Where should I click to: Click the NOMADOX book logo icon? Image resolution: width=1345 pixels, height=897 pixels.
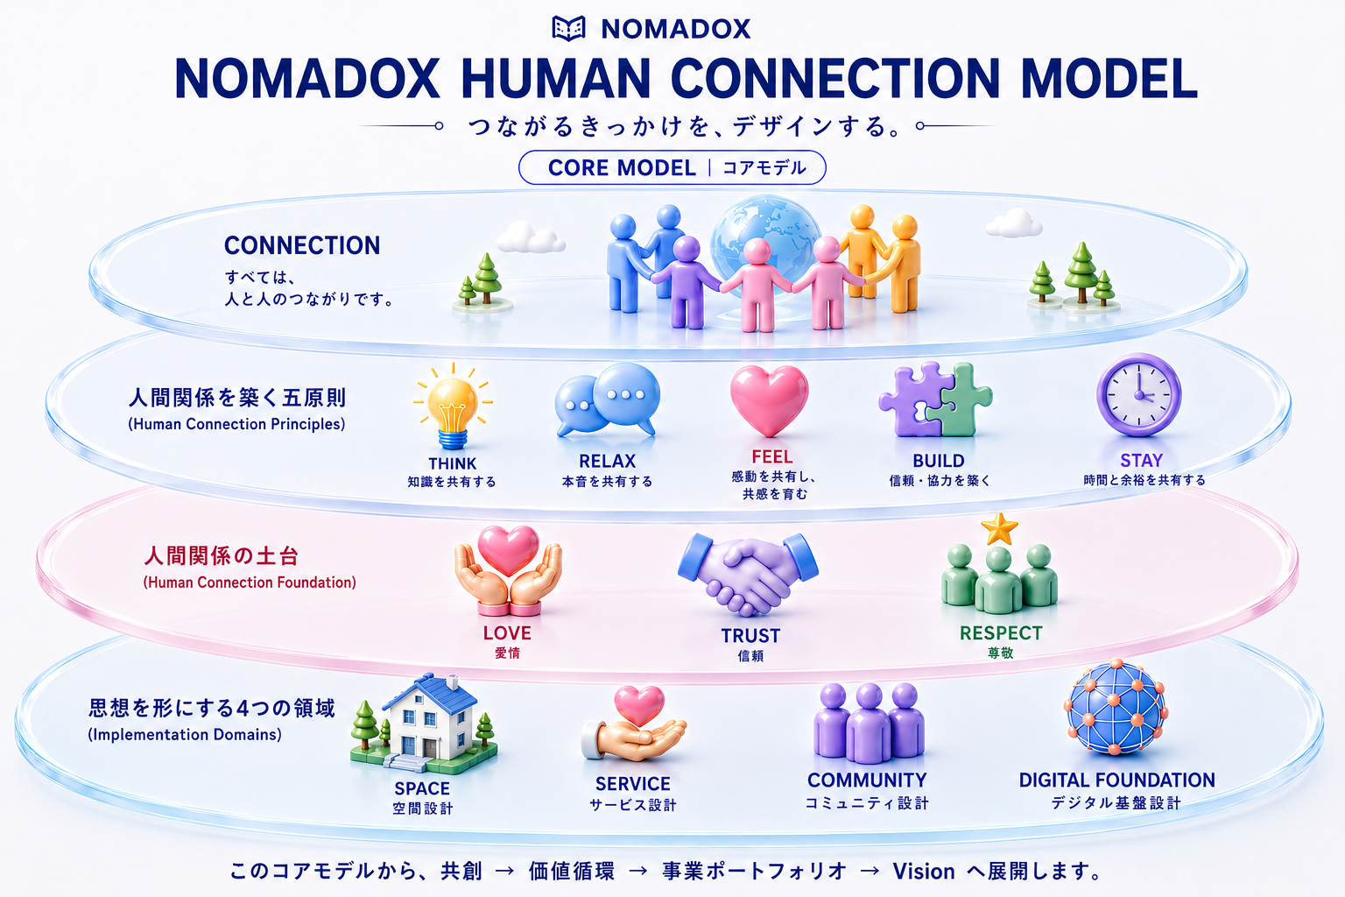coord(568,28)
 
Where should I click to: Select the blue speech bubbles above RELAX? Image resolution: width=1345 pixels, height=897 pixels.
coord(607,399)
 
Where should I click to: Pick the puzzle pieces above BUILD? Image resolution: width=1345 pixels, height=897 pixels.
coord(935,399)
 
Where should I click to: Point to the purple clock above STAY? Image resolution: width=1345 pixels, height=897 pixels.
coord(1139,395)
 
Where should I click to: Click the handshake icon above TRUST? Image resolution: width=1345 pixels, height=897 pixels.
coord(748,574)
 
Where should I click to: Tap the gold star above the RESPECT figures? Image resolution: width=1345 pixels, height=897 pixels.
coord(1000,529)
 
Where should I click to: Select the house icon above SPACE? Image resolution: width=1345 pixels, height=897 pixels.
coord(424,724)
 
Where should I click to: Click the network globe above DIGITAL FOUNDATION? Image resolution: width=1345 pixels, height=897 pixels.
coord(1116,707)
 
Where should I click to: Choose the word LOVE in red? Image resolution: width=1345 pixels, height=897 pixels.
coord(507,632)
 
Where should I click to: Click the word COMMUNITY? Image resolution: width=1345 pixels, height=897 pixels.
coord(867,780)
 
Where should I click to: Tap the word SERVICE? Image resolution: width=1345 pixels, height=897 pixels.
coord(633,783)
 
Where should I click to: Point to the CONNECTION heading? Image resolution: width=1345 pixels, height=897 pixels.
coord(302,245)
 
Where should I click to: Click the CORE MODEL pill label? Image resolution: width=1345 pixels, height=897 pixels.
coord(672,167)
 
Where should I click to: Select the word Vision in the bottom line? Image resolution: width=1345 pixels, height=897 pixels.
coord(924,871)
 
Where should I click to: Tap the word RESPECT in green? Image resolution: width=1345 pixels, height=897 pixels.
coord(1001,632)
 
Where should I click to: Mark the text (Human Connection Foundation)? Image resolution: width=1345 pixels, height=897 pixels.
coord(250,583)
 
